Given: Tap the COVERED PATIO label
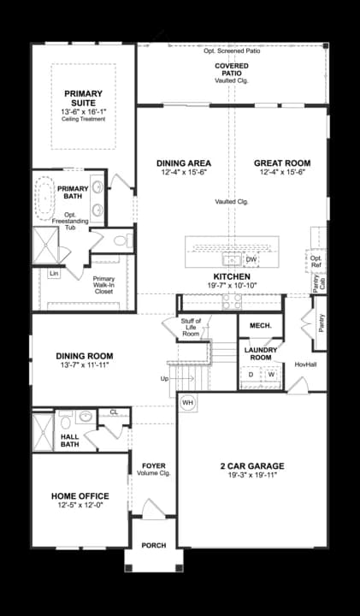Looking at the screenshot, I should (x=233, y=69).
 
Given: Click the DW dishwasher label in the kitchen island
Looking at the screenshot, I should (x=251, y=259).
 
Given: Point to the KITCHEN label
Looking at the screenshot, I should (x=232, y=276).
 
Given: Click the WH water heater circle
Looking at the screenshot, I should (x=187, y=402).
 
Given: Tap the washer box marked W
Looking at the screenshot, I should (x=271, y=374).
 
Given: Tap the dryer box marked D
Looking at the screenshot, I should (x=251, y=374).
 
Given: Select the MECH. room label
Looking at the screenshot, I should (x=260, y=326).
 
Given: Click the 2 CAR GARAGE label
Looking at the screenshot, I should (x=252, y=466).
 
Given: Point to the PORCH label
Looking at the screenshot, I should (x=154, y=545).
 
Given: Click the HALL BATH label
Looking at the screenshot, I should (x=70, y=441).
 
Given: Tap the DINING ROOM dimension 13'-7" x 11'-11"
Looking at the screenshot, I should (x=84, y=365).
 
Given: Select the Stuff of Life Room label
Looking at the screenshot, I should (x=191, y=327).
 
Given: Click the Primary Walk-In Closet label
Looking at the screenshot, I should (x=104, y=284).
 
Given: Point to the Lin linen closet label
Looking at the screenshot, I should (x=54, y=273).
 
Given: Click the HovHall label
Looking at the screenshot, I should (x=306, y=364).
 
